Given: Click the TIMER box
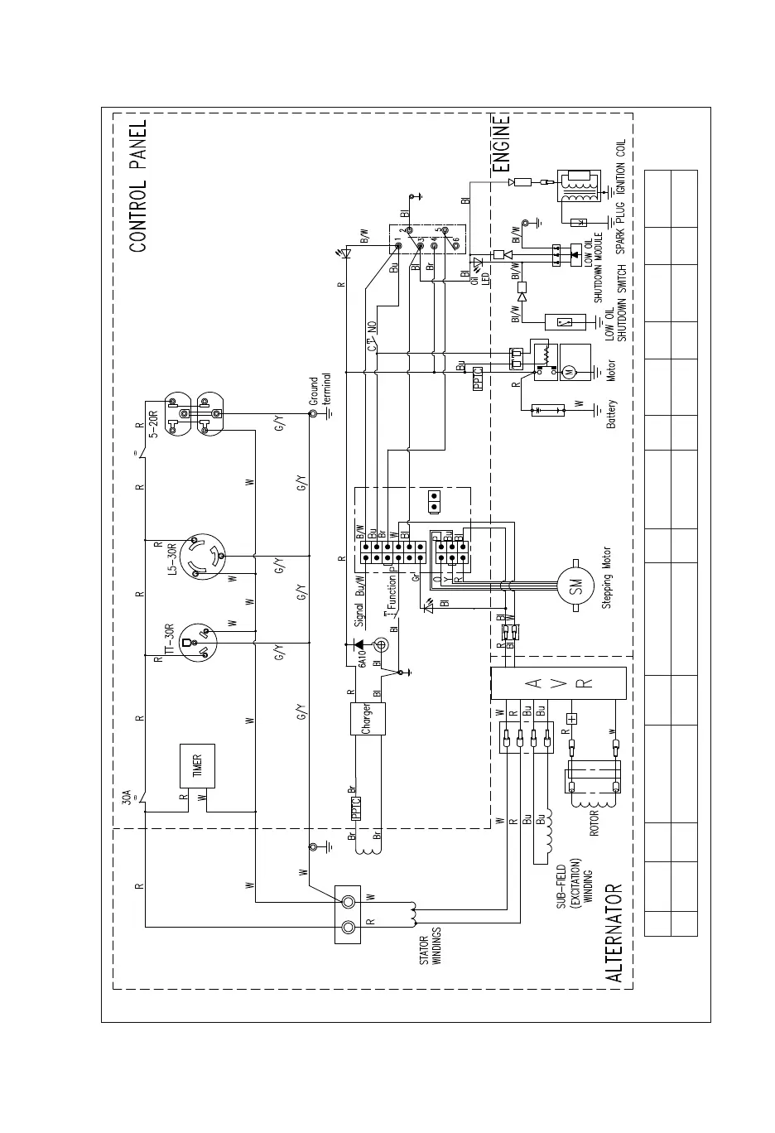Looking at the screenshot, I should (x=198, y=766).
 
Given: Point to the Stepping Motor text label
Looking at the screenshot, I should (x=606, y=578).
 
